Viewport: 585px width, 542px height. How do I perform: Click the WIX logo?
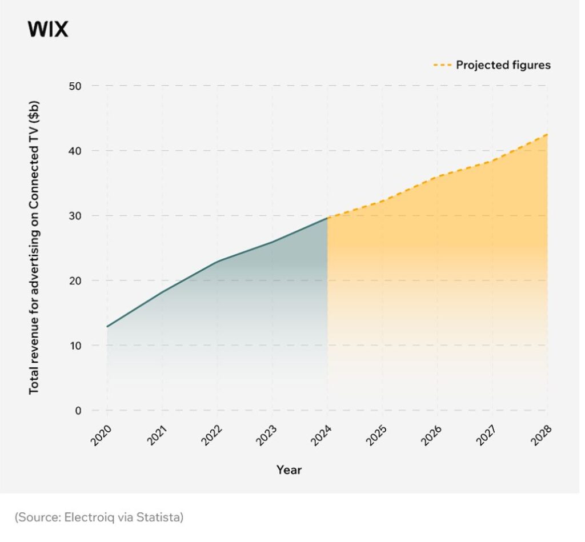coord(47,30)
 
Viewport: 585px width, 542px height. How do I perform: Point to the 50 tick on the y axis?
coord(76,86)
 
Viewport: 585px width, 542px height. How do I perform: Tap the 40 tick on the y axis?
coord(76,151)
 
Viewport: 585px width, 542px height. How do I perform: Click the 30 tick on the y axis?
coord(76,216)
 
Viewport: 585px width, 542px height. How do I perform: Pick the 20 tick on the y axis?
coord(76,280)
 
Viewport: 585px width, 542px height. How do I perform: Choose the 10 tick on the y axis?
coord(76,346)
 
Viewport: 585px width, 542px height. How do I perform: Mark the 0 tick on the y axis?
coord(79,410)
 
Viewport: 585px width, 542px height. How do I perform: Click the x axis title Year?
coord(289,470)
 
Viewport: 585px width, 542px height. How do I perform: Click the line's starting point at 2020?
coord(107,327)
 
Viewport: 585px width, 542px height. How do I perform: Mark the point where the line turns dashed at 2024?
coord(327,218)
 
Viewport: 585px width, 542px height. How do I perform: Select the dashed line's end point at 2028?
coord(547,134)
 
